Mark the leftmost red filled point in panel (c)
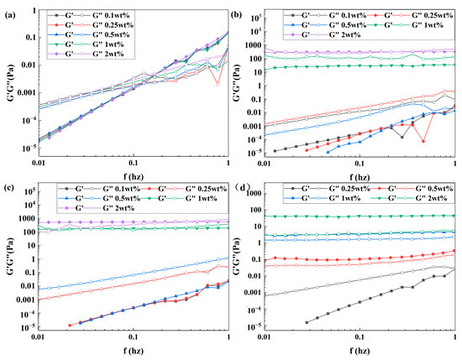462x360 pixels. (70, 325)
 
